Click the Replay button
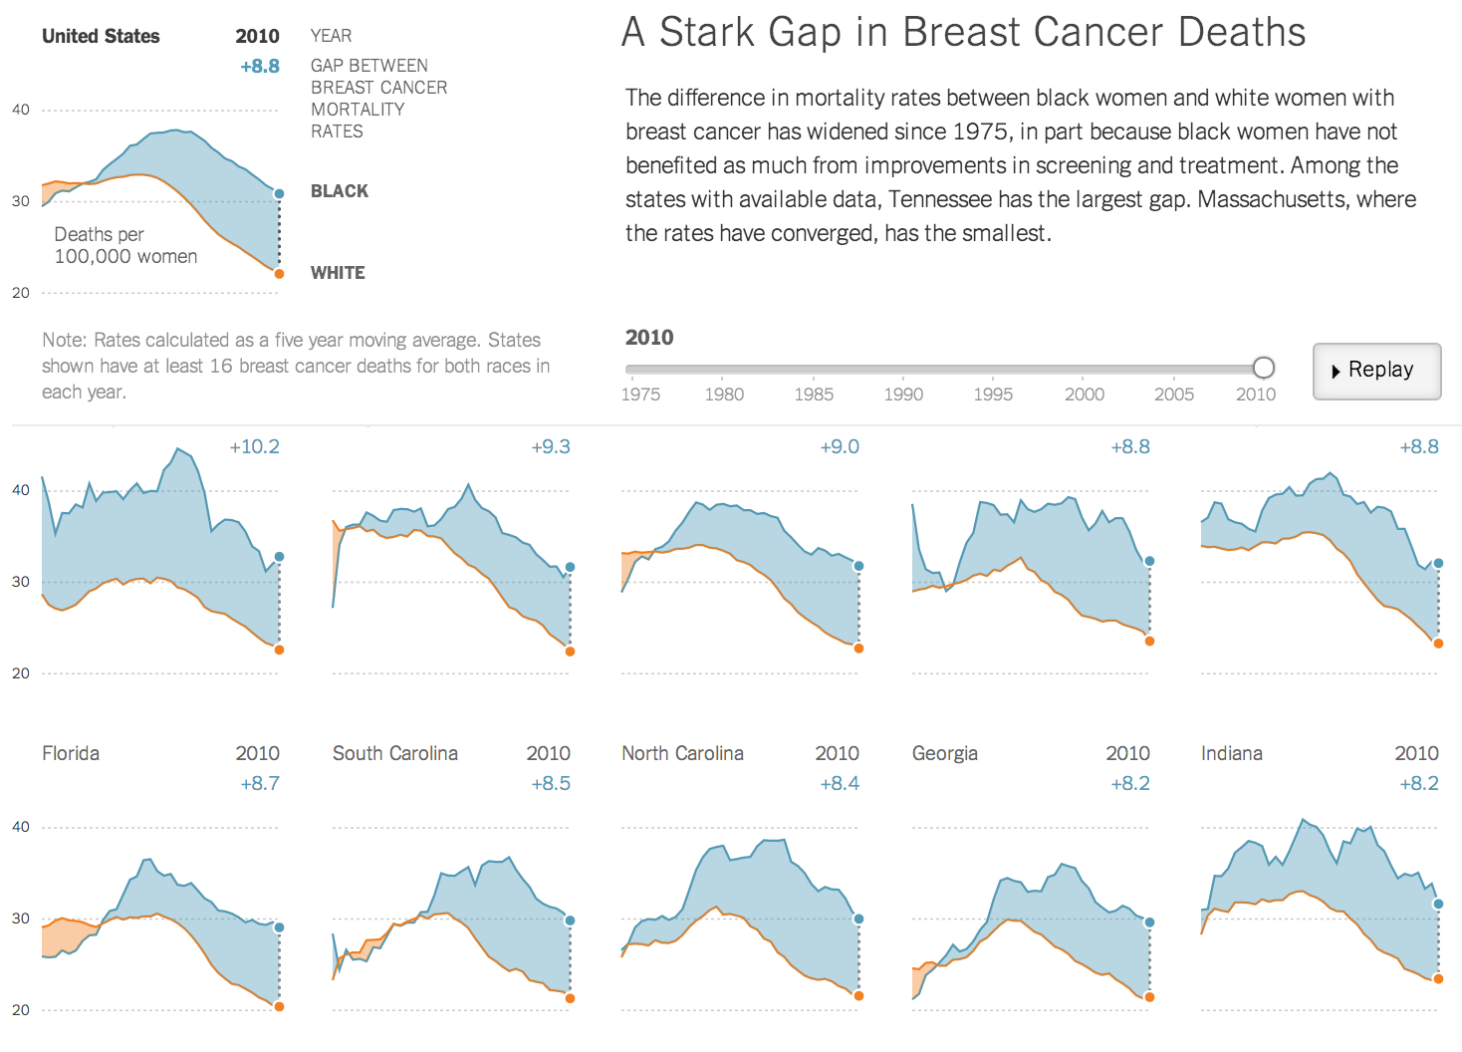coord(1376,371)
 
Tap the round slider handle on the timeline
coord(1263,368)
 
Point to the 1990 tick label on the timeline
coord(903,394)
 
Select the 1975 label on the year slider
coord(640,394)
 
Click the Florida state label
coord(71,753)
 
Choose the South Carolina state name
coord(395,753)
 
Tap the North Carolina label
coord(682,753)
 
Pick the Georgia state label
coord(944,753)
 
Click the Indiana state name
coord(1231,753)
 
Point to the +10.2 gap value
coord(254,446)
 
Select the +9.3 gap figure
coord(551,446)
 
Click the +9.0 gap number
coord(840,446)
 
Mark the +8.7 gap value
coord(260,783)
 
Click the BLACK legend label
coord(340,191)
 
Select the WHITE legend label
coord(338,273)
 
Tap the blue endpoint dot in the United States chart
coord(279,194)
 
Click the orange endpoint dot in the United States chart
coord(279,274)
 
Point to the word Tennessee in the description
coord(939,199)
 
